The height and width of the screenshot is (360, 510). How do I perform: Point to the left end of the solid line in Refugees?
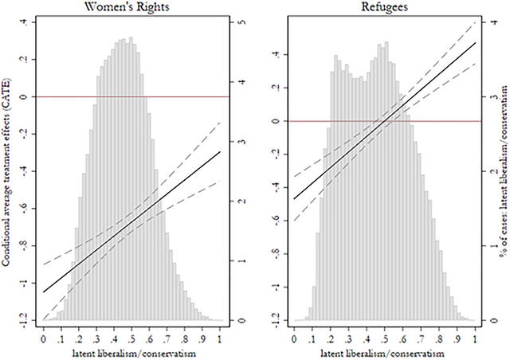point(295,198)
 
